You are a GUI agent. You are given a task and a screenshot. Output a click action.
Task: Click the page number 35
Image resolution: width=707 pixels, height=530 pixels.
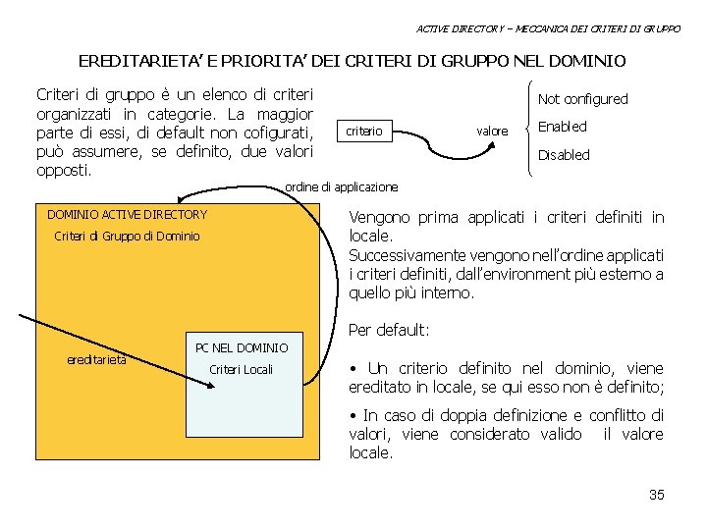pos(657,495)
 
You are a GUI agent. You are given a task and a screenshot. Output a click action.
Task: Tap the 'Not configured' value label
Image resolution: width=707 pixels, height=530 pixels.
pos(582,99)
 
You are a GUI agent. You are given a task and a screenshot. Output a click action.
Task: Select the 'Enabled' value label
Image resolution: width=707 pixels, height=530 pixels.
pos(563,127)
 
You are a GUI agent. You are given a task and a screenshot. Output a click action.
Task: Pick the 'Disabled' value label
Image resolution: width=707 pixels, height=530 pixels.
pos(564,155)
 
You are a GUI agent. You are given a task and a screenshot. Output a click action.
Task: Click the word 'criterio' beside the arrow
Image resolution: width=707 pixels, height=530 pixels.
pos(363,131)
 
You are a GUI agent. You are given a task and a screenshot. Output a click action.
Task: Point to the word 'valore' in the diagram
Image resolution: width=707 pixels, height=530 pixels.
pos(492,132)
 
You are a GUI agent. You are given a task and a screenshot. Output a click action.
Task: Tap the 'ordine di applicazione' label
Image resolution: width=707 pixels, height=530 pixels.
pos(341,186)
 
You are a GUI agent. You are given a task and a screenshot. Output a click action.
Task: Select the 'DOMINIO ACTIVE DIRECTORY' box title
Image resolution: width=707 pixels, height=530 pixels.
pos(127,215)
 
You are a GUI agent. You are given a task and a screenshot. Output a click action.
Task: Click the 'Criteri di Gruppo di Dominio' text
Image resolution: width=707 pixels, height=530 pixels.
pos(127,237)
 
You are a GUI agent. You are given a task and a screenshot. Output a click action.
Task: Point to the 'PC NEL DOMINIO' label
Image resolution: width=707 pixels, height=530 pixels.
pos(242,348)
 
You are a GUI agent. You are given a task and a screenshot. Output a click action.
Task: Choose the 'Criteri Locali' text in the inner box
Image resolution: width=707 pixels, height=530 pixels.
pos(242,370)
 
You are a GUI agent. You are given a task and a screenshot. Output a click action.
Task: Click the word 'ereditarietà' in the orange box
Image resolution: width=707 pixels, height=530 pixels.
pos(96,359)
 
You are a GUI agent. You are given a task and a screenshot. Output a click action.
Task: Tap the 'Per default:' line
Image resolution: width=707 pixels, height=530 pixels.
pos(389,330)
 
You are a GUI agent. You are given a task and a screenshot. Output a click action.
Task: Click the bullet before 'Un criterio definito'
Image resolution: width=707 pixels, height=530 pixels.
pos(354,369)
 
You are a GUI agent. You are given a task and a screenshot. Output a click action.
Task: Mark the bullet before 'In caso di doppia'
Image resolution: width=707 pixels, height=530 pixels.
pos(354,416)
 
